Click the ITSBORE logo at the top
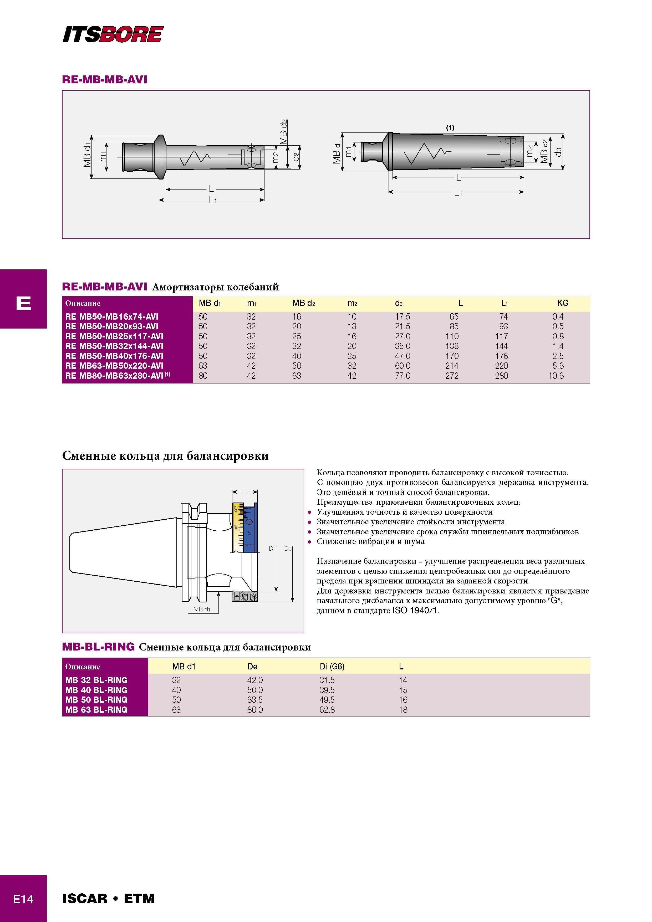point(113,34)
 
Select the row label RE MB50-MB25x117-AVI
point(114,336)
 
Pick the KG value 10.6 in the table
point(556,376)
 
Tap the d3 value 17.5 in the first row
point(403,316)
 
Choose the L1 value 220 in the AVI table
point(501,366)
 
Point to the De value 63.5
point(255,700)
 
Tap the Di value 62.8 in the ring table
point(327,710)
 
